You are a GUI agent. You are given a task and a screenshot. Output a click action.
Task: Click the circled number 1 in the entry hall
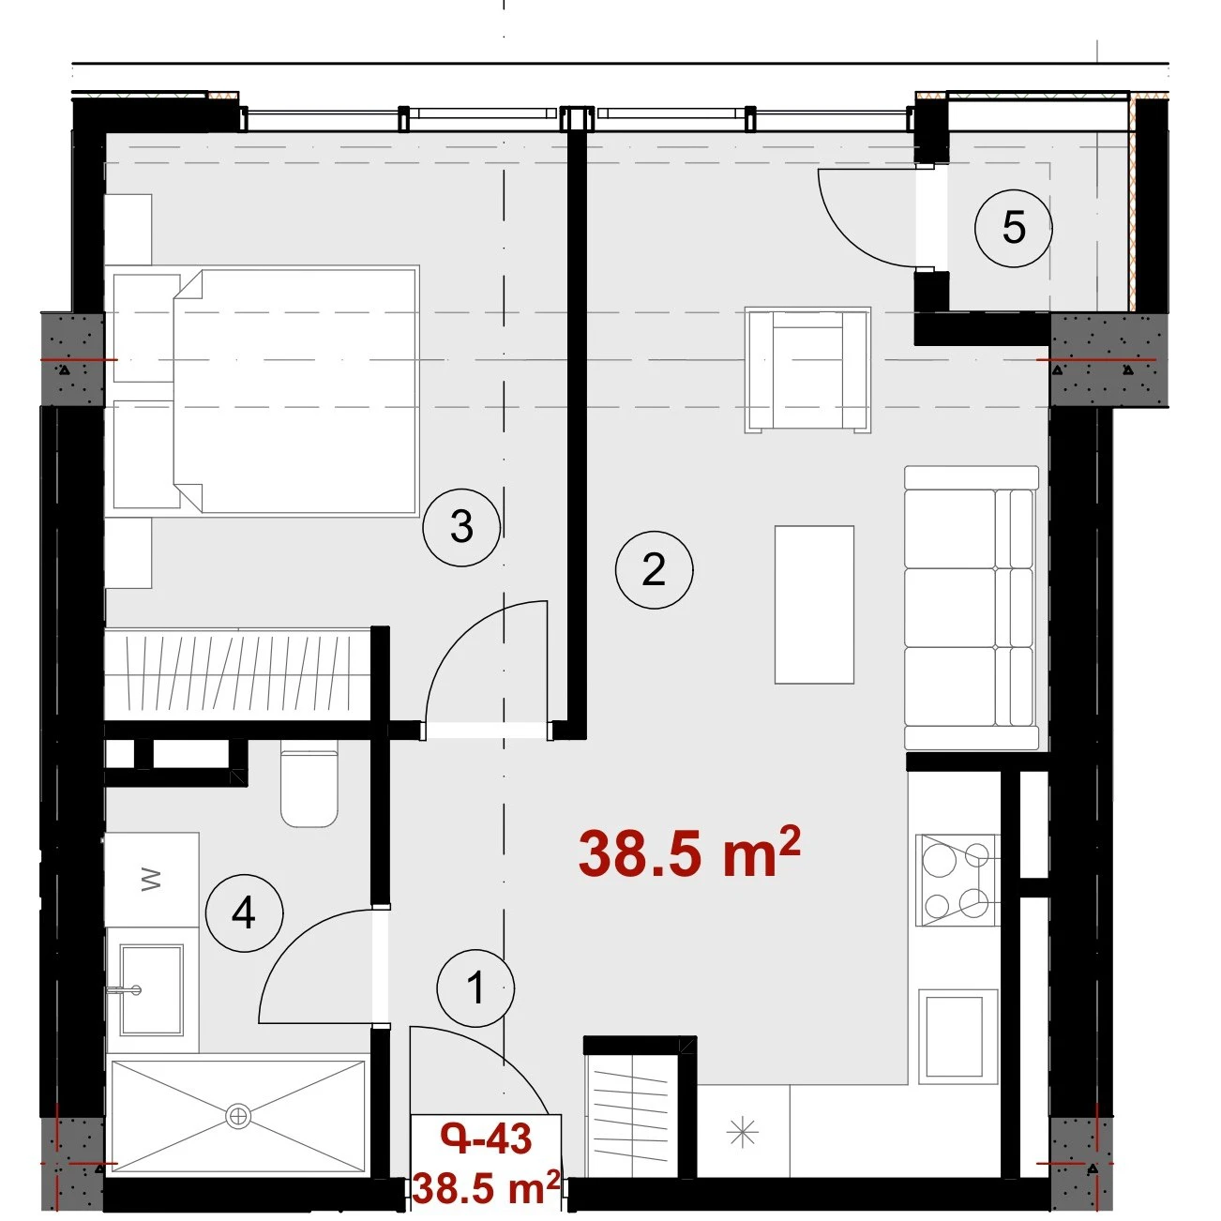[x=475, y=987]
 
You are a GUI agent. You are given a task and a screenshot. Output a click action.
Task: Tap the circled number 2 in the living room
[x=654, y=569]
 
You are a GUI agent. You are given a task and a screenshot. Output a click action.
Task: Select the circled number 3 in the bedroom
[x=461, y=526]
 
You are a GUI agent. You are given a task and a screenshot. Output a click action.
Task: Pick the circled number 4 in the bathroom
[x=244, y=913]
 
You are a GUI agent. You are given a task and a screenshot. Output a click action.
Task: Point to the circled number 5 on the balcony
[x=1013, y=228]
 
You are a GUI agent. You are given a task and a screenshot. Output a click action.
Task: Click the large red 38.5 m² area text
[x=689, y=852]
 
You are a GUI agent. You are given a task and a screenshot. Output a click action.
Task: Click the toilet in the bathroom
[x=309, y=789]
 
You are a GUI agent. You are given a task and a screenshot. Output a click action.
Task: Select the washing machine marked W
[x=151, y=879]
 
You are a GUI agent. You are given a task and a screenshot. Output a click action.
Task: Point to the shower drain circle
[x=237, y=1115]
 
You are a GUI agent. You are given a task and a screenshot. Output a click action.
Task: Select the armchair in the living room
[x=807, y=370]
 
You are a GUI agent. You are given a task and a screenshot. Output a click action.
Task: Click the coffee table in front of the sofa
[x=814, y=605]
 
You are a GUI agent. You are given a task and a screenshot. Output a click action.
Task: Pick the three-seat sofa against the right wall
[x=972, y=608]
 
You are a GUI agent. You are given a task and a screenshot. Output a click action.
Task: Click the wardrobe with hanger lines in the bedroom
[x=237, y=674]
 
